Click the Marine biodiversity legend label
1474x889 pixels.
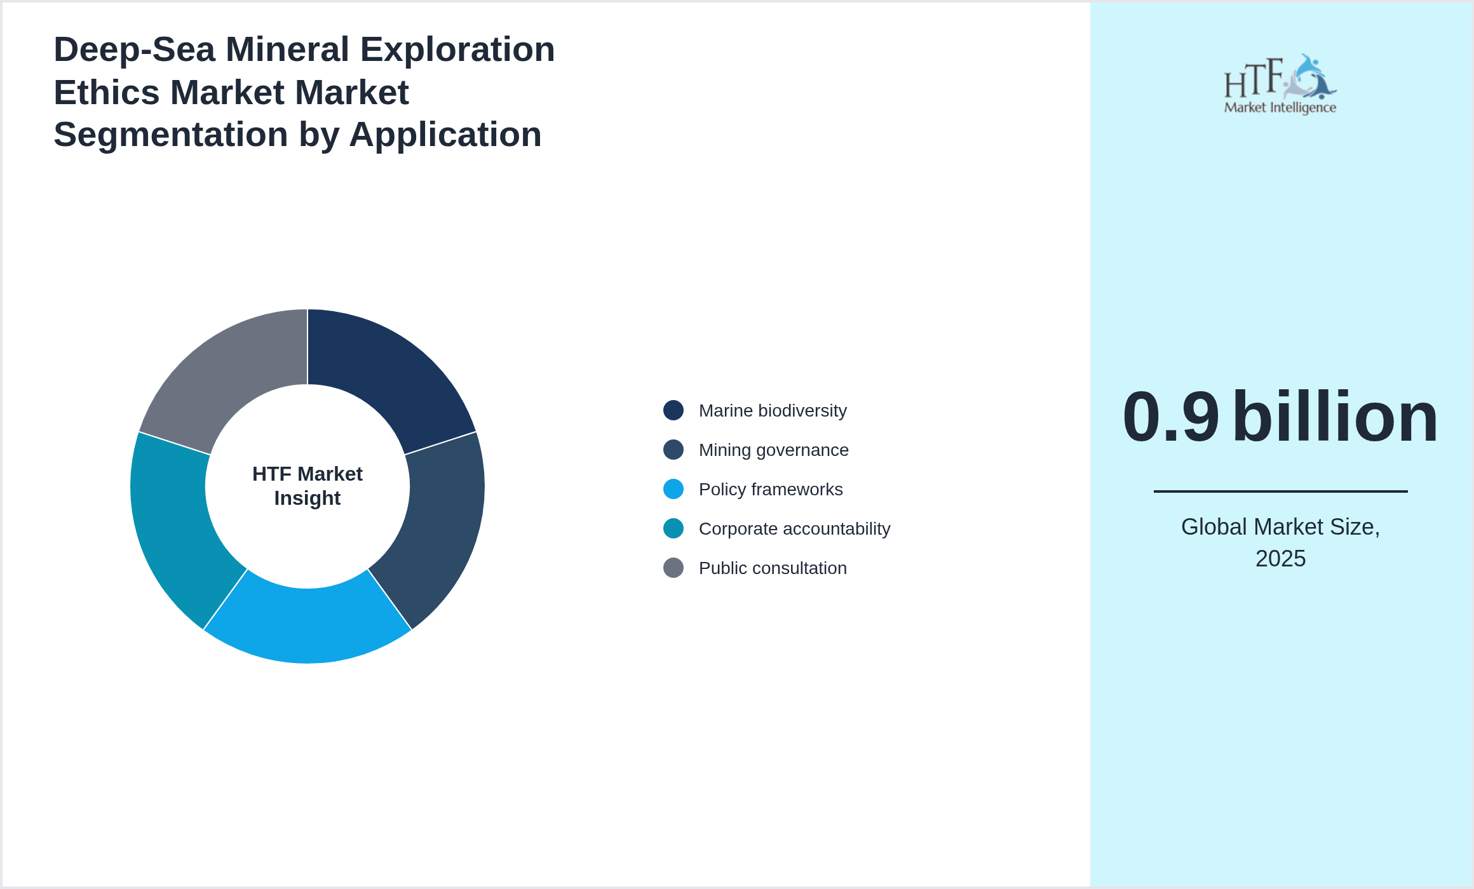click(x=773, y=411)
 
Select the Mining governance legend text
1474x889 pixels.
click(x=773, y=450)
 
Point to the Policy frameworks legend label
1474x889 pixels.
click(x=770, y=490)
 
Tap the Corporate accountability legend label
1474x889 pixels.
click(x=794, y=529)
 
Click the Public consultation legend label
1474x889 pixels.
click(x=773, y=568)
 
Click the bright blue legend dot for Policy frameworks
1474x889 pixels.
click(x=673, y=489)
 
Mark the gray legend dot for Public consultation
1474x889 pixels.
click(x=673, y=568)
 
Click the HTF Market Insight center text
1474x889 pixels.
click(x=308, y=486)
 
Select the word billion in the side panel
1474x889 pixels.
click(x=1335, y=417)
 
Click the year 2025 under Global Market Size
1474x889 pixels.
click(x=1280, y=559)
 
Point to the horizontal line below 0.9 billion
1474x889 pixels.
click(x=1280, y=491)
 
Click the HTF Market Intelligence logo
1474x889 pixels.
click(x=1280, y=84)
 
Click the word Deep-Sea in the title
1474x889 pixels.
click(x=134, y=50)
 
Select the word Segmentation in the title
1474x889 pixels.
click(x=170, y=135)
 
